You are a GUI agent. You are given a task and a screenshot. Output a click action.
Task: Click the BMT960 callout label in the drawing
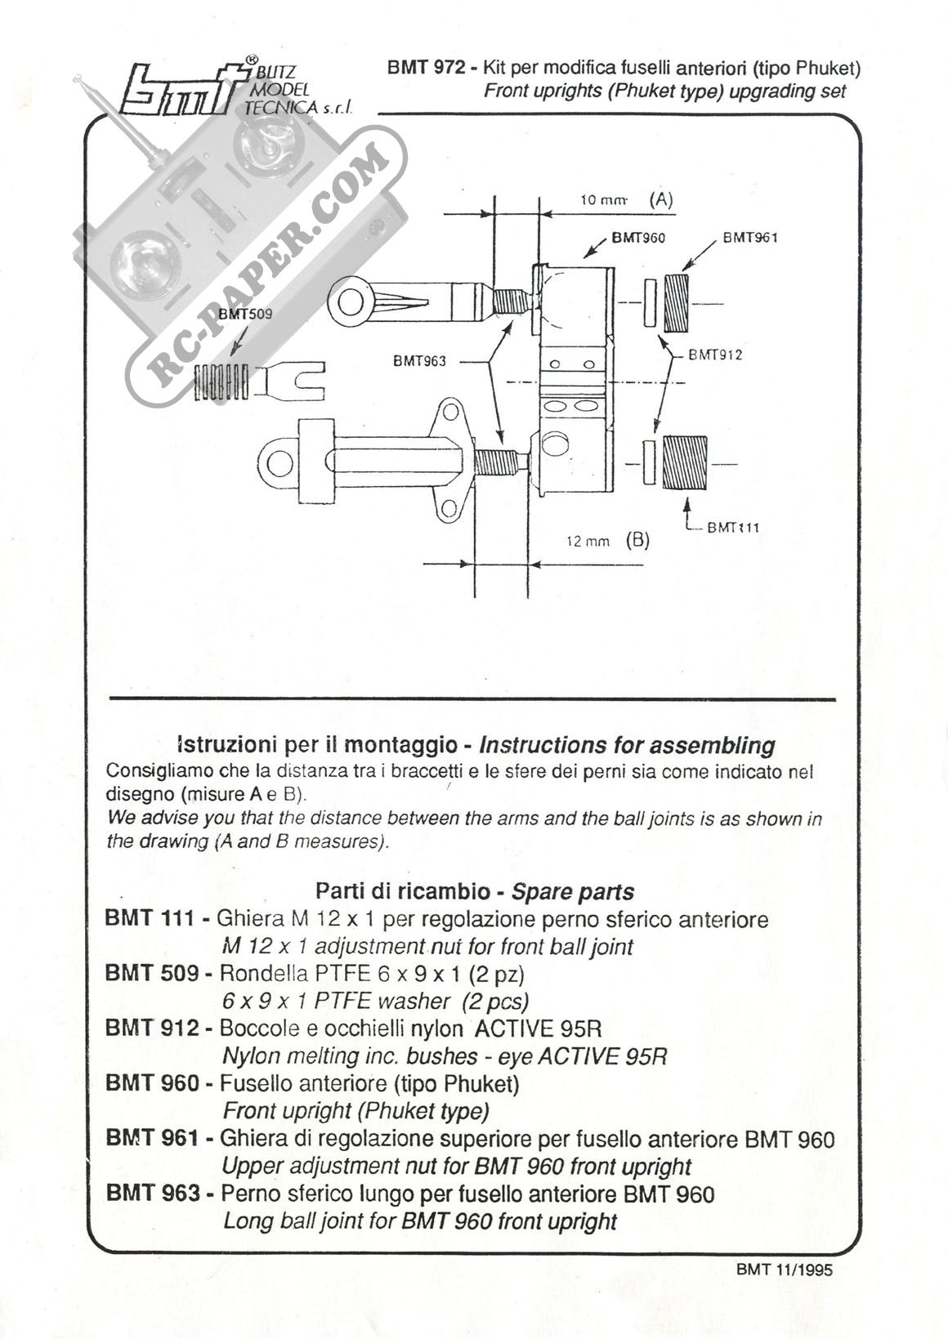[638, 239]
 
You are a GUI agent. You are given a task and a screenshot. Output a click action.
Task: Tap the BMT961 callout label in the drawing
[749, 238]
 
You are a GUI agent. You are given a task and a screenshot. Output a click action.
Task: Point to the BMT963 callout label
[419, 360]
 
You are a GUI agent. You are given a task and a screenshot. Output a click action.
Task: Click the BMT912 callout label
[715, 355]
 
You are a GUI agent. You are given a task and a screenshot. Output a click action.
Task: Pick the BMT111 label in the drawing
[733, 527]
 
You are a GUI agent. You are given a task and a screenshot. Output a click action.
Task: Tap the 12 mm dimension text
[588, 541]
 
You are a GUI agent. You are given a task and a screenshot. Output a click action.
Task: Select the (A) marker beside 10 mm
[660, 199]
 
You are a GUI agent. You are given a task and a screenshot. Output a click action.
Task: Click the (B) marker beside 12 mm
[637, 540]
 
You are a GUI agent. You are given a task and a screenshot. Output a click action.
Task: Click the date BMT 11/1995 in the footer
[785, 1270]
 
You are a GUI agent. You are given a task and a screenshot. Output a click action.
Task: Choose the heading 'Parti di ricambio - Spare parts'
[474, 890]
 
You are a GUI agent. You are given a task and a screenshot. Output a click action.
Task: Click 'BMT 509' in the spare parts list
[152, 973]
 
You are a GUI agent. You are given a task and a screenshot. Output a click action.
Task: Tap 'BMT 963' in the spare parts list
[153, 1194]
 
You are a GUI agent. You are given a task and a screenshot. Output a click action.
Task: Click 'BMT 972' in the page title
[427, 69]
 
